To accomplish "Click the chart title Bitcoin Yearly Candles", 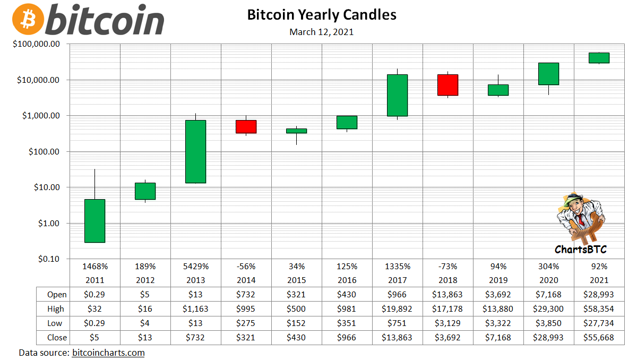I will [x=322, y=14].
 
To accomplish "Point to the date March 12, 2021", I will [x=322, y=32].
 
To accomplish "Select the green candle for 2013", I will [x=195, y=151].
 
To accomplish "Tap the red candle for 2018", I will [x=447, y=85].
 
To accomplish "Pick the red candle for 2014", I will [x=246, y=126].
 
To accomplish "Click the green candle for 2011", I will [x=94, y=221].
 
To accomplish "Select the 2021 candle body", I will [x=599, y=58].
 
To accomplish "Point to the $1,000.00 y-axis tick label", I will [x=36, y=116].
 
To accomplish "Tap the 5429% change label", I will [x=195, y=267].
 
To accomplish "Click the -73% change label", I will [x=447, y=267].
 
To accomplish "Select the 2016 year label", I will [x=347, y=280].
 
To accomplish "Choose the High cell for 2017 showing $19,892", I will [x=398, y=308].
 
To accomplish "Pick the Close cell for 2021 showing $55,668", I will [x=599, y=337].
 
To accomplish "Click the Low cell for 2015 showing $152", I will [x=296, y=323].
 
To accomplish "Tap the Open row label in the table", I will [x=57, y=294].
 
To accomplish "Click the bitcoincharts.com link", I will [x=108, y=353].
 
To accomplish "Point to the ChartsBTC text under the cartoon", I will [x=580, y=249].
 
